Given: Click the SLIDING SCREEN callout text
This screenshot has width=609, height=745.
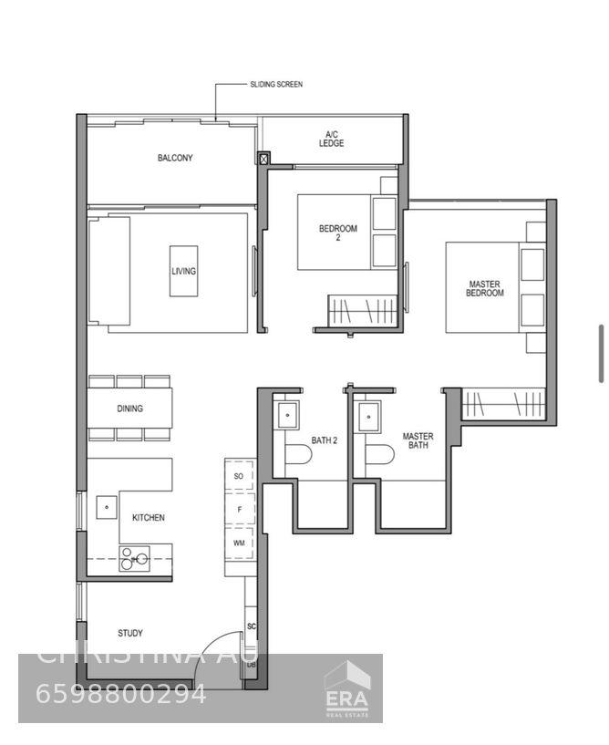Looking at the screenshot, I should (x=276, y=85).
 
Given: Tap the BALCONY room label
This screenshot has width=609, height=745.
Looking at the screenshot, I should (x=175, y=159).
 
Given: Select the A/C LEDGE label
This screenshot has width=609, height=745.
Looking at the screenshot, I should (x=332, y=140).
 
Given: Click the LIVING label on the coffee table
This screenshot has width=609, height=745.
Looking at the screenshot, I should (x=183, y=271).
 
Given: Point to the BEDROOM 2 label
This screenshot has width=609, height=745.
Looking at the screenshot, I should (x=337, y=233).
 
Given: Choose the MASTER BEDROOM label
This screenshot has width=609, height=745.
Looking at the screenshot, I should (x=484, y=288).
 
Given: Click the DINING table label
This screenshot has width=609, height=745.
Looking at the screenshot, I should (x=129, y=409).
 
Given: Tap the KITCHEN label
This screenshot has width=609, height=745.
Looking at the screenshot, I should (x=149, y=518).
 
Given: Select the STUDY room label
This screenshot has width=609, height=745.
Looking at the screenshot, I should (x=130, y=633).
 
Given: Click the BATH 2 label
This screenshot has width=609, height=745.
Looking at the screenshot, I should (x=325, y=440).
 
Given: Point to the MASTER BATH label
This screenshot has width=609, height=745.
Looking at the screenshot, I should (x=418, y=441).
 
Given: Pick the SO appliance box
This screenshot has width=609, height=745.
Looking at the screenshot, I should (x=239, y=476).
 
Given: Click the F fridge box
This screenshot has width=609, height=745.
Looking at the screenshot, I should (x=239, y=510).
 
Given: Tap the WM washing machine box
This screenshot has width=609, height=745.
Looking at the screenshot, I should (x=239, y=543).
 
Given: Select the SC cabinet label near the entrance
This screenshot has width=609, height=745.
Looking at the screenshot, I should (x=251, y=627).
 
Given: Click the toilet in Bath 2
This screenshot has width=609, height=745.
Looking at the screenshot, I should (x=298, y=455).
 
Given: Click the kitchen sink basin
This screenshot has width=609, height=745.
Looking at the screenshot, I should (x=107, y=505).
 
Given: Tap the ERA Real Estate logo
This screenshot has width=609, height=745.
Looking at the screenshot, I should (x=347, y=687).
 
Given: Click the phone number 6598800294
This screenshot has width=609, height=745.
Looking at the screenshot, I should (x=121, y=694).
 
